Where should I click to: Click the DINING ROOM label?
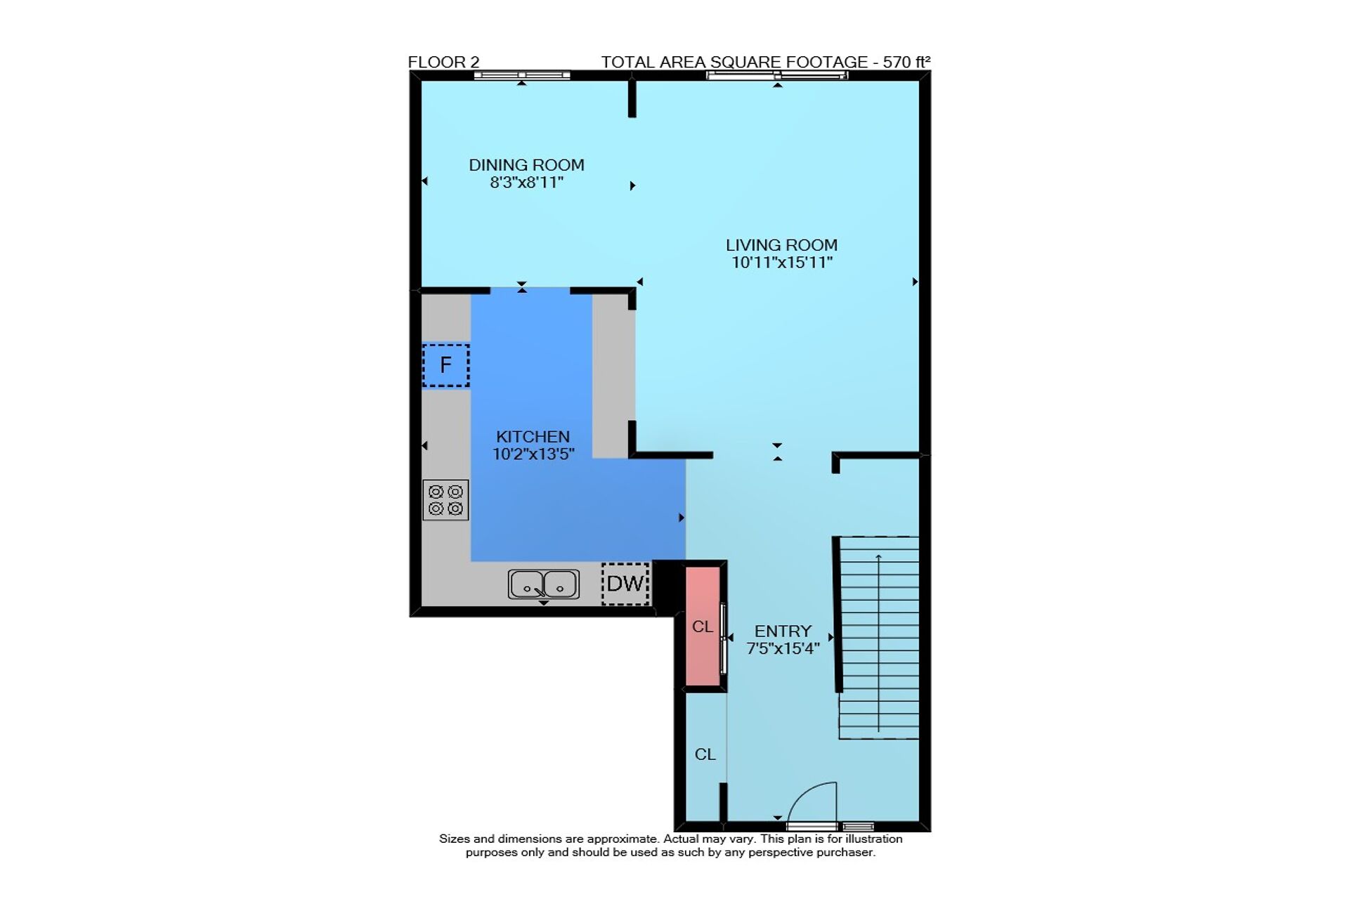526,165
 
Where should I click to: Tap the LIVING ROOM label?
781,245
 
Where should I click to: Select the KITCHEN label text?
533,436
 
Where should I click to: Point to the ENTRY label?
783,631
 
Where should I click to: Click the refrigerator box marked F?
445,365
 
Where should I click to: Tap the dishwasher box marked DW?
625,583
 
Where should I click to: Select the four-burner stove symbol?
445,500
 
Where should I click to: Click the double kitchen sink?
544,584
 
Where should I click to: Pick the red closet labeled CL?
703,626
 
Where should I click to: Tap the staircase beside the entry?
878,638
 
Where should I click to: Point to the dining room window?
522,75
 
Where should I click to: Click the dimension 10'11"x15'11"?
782,263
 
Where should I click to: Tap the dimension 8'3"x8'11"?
526,183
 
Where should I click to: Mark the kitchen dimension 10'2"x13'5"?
533,454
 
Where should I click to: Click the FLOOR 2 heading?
443,62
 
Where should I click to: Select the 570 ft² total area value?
906,62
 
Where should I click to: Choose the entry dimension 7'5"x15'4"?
783,648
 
